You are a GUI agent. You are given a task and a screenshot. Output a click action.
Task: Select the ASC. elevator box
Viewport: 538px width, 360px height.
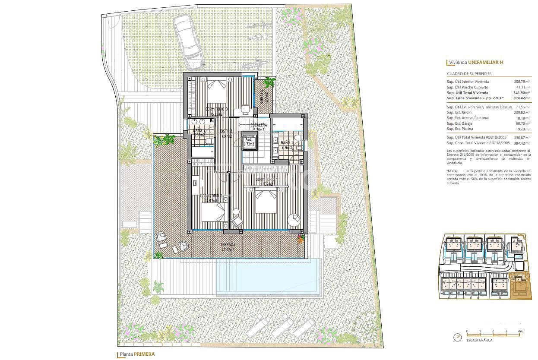pos(249,142)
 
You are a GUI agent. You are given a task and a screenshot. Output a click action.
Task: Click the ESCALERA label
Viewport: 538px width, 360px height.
pos(258,125)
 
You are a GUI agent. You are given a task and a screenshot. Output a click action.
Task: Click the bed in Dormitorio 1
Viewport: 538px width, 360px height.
pos(266,201)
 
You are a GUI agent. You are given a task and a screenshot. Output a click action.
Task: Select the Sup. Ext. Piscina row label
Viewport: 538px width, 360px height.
pos(461,129)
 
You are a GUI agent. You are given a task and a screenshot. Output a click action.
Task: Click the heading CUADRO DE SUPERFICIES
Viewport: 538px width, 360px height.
pos(469,74)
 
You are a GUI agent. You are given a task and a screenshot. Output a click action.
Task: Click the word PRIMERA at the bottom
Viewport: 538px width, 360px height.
pos(144,354)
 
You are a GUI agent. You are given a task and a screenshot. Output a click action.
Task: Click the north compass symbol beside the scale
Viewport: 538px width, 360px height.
pos(457,337)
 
